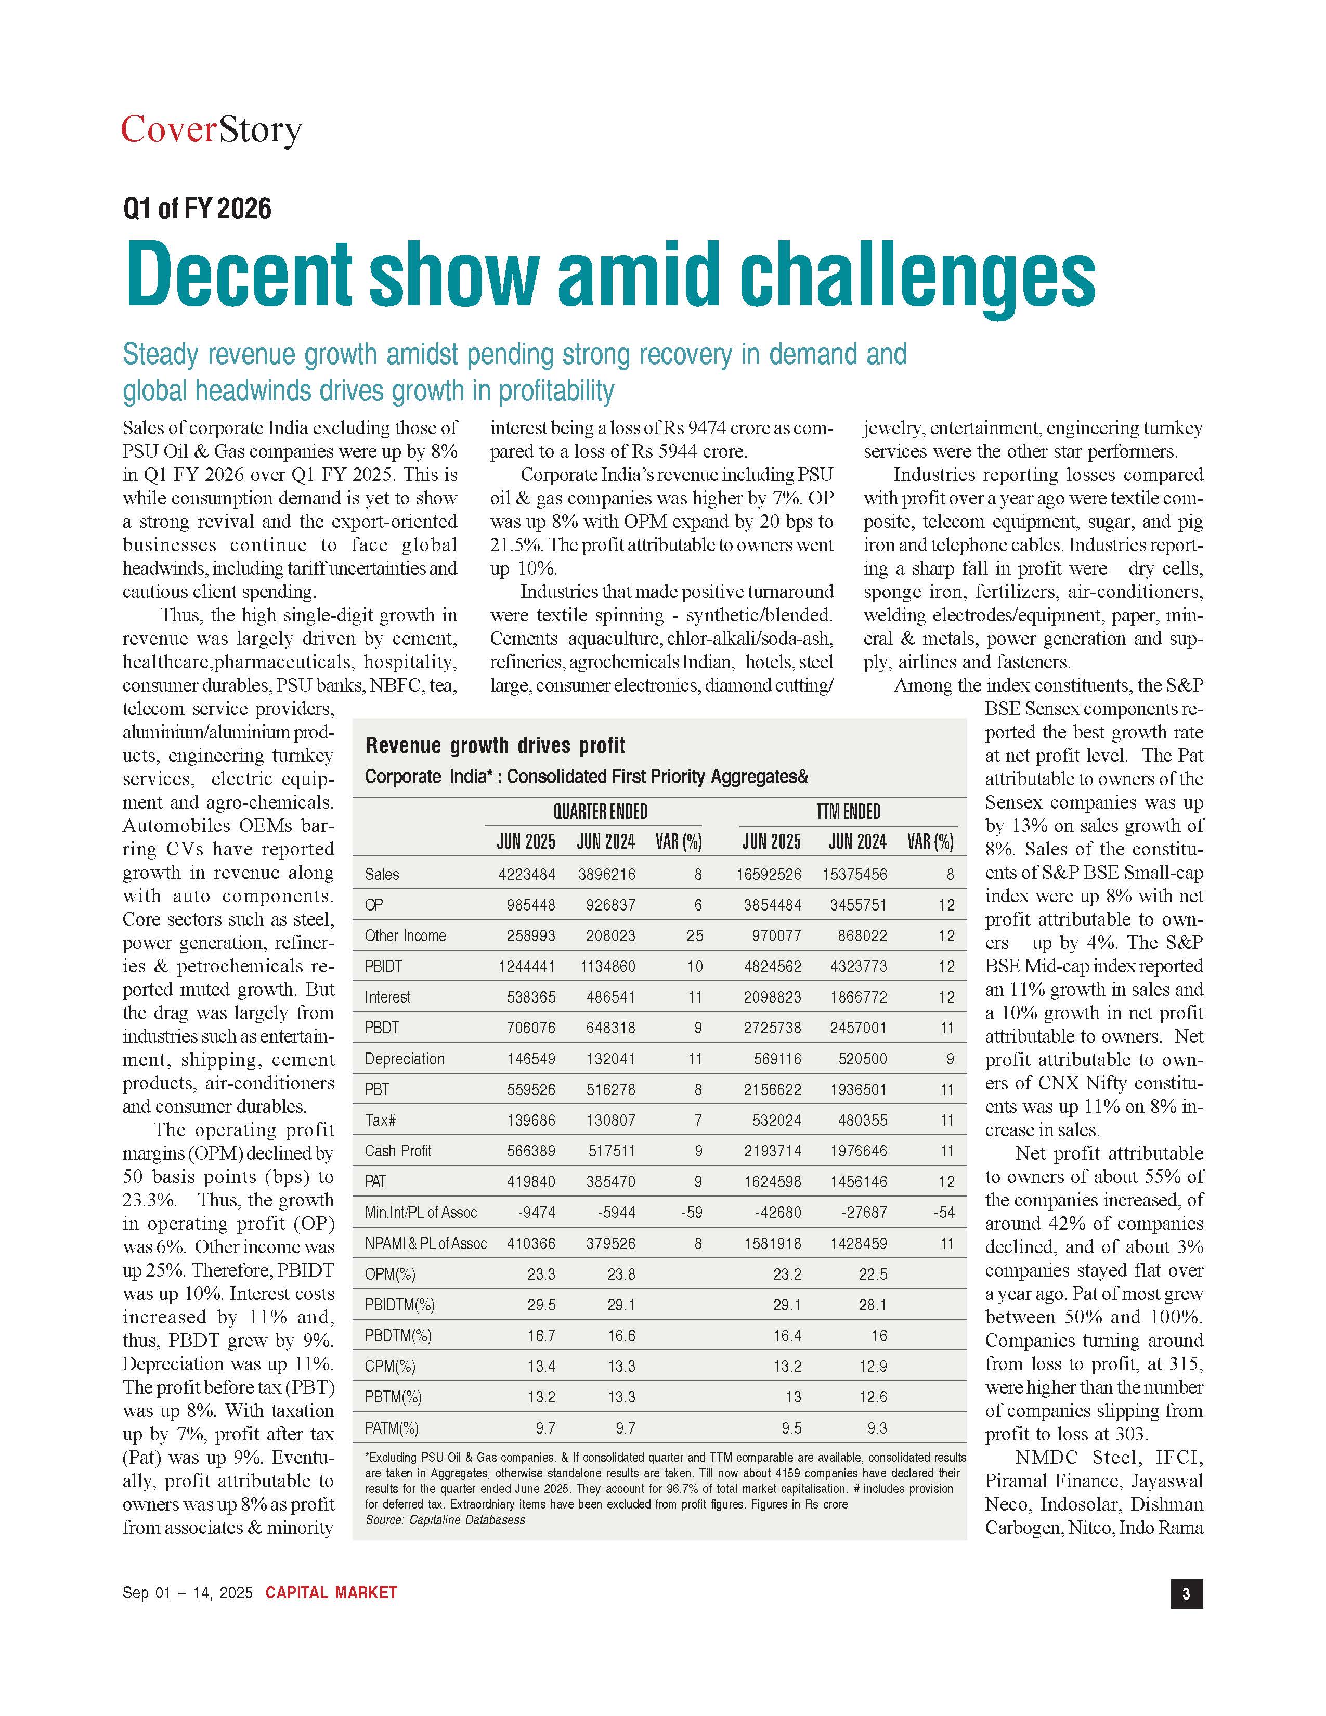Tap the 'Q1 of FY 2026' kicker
tap(197, 209)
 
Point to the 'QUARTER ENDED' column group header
tap(600, 812)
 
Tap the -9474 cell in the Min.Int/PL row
tap(537, 1212)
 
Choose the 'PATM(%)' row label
tap(391, 1427)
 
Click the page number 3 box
tap(1186, 1593)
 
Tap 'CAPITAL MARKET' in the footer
tap(332, 1593)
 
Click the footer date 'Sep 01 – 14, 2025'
tap(188, 1593)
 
